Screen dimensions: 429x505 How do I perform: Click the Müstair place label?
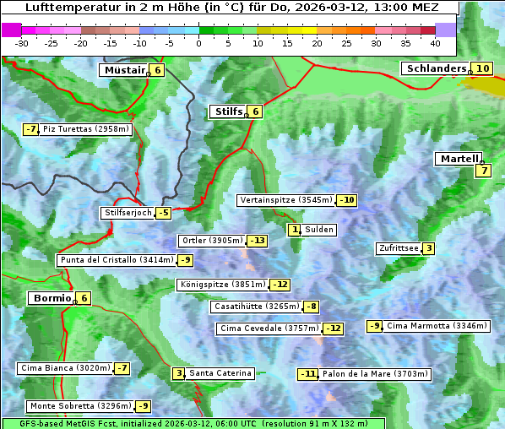click(123, 70)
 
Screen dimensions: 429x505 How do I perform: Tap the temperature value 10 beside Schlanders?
click(482, 68)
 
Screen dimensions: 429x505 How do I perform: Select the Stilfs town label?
click(227, 111)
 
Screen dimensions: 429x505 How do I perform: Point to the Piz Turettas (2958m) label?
click(85, 129)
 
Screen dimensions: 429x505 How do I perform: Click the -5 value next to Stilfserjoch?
click(163, 213)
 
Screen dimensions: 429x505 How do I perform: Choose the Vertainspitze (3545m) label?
click(285, 200)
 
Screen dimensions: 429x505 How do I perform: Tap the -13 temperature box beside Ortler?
click(257, 241)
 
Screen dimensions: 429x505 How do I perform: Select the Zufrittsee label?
click(399, 248)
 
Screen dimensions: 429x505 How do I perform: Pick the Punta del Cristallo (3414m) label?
click(117, 260)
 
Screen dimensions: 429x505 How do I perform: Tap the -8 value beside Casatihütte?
click(312, 307)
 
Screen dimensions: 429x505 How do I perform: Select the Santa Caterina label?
click(220, 373)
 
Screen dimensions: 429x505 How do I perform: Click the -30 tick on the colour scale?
click(22, 42)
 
